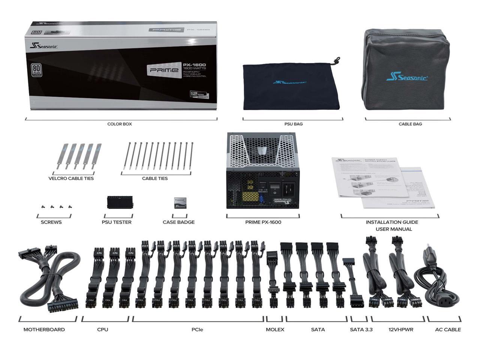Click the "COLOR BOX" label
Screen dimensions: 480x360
click(120, 124)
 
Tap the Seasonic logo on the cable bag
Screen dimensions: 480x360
click(407, 77)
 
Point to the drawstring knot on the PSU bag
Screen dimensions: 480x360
click(337, 60)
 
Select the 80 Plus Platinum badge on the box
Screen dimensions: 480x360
click(36, 70)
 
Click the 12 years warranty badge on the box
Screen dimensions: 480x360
click(199, 94)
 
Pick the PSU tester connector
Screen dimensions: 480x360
click(117, 202)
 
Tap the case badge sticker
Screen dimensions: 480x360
click(180, 203)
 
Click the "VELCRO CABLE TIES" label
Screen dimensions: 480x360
click(71, 178)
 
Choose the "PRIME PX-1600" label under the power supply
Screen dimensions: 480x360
click(263, 222)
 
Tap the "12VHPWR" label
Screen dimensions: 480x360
click(401, 329)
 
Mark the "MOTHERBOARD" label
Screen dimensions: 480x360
click(44, 329)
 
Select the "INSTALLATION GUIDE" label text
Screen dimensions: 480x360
click(392, 222)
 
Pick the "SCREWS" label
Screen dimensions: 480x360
click(51, 222)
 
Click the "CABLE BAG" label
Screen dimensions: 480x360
click(410, 124)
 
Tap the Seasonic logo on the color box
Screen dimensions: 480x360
click(43, 46)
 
